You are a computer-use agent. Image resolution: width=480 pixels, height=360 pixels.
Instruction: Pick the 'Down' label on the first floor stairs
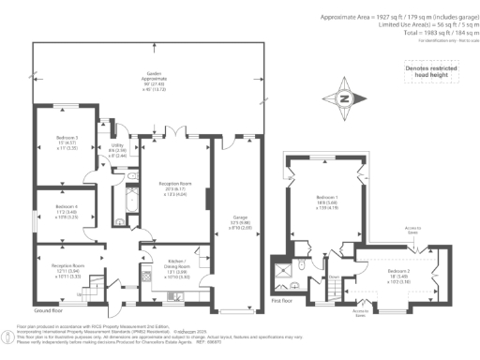tap(334, 276)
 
